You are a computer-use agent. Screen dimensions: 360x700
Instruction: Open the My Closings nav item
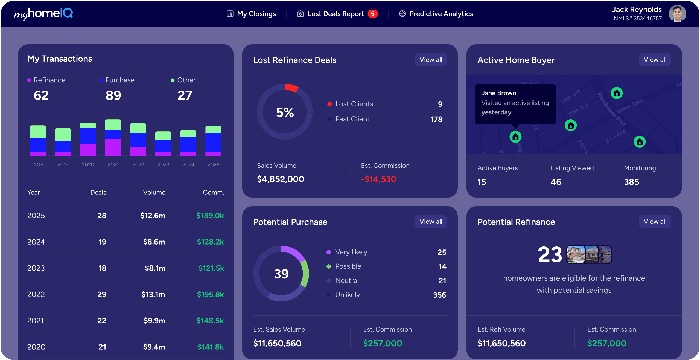(x=252, y=14)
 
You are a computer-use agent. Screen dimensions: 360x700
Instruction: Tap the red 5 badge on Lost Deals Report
(x=372, y=14)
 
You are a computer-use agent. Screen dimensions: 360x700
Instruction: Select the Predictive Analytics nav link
(x=436, y=14)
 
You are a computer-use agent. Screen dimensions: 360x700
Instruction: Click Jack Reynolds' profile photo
(x=677, y=14)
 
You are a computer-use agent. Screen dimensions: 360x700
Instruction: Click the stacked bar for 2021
(x=113, y=138)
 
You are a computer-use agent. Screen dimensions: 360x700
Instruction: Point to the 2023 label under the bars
(x=163, y=164)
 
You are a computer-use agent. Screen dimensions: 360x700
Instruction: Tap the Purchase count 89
(x=113, y=95)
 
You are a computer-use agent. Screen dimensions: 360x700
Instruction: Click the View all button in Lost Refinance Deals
(x=431, y=60)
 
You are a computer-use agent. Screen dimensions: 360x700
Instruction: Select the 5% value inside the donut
(x=285, y=112)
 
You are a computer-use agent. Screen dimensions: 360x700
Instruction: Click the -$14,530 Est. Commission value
(x=378, y=179)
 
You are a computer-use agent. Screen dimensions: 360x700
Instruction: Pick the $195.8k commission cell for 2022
(x=210, y=294)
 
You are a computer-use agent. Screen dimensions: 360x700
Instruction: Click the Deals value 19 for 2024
(x=102, y=242)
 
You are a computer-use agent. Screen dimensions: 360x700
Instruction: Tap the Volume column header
(x=154, y=193)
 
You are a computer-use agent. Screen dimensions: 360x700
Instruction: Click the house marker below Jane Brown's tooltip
(x=515, y=137)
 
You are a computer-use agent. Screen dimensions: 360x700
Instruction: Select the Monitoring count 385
(x=631, y=182)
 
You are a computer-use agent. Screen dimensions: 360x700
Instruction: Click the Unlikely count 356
(x=439, y=295)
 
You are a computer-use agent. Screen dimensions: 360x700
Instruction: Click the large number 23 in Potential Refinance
(x=550, y=254)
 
